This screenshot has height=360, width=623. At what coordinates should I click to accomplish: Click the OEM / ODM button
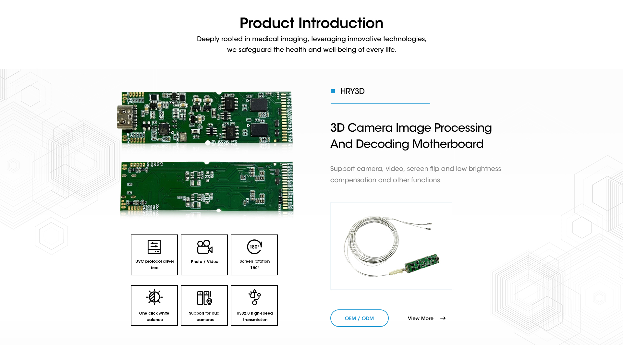tap(359, 318)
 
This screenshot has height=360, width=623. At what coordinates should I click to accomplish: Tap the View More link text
tap(421, 318)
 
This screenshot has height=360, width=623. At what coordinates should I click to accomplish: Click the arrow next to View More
tap(443, 318)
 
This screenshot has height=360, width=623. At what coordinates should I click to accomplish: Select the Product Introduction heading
tap(311, 23)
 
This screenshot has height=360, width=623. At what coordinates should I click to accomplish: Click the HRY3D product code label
tap(352, 91)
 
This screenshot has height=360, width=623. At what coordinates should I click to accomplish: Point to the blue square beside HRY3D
tap(333, 91)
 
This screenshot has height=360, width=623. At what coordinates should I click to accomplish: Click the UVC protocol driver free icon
tap(154, 247)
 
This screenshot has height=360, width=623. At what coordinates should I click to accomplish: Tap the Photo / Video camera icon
tap(205, 247)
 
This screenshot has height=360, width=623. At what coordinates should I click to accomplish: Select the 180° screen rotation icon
tap(254, 247)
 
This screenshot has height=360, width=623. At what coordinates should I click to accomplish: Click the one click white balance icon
tap(154, 297)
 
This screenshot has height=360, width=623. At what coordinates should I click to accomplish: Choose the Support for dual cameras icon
tap(205, 298)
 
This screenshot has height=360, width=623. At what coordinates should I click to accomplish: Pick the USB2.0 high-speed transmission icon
tap(255, 297)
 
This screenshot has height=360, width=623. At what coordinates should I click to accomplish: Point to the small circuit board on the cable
tap(421, 263)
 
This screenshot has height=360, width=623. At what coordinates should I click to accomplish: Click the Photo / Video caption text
tap(204, 262)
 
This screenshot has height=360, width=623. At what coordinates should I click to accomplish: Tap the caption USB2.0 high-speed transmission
tap(255, 316)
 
